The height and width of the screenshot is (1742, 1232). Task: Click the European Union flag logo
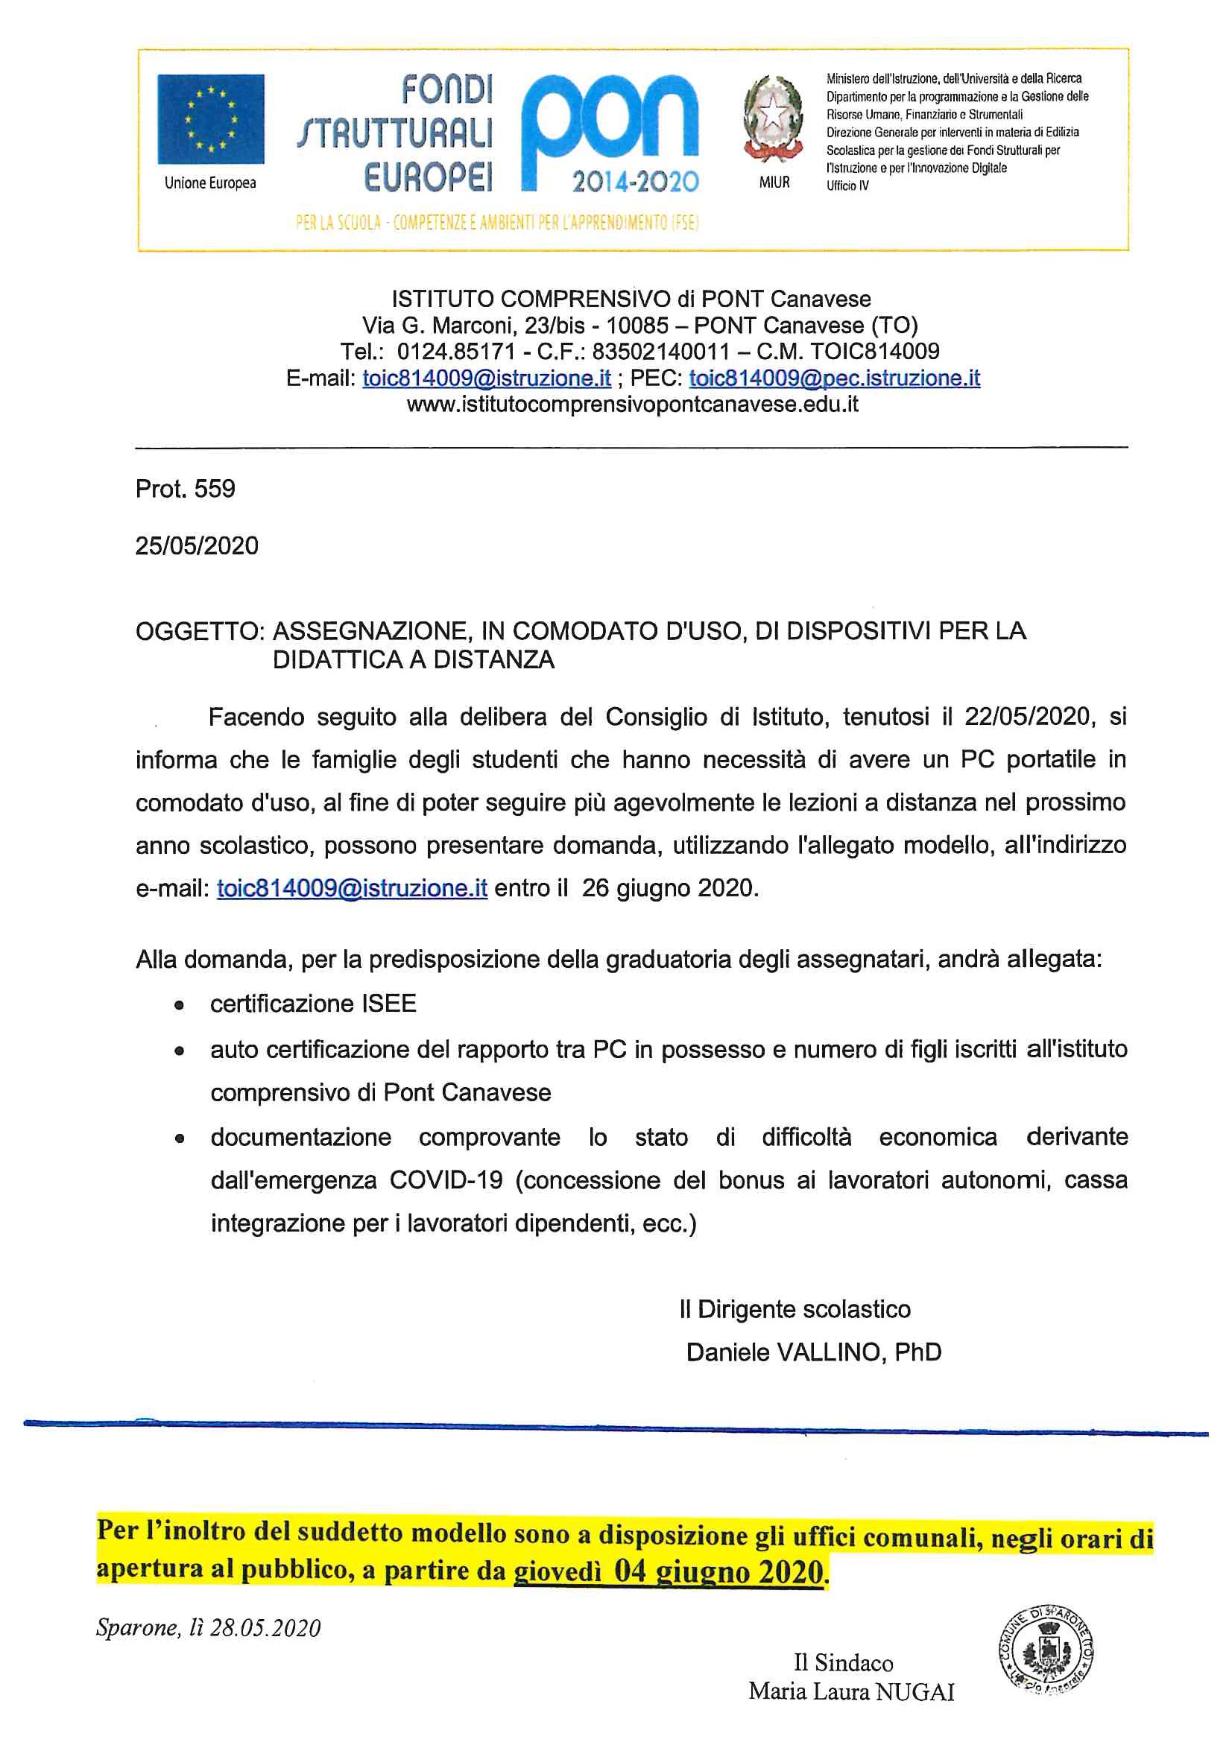point(210,118)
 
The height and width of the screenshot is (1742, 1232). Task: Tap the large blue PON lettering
point(610,121)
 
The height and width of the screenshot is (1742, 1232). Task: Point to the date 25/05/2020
point(197,545)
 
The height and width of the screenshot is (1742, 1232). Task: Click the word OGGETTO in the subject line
point(199,631)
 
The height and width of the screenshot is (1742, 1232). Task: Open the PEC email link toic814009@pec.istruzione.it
point(833,378)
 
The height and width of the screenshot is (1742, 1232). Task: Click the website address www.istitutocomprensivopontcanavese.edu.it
point(632,405)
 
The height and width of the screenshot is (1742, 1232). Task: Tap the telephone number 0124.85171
point(455,351)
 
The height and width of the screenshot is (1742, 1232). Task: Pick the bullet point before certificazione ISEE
point(179,1006)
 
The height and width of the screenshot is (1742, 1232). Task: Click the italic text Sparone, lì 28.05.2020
point(208,1627)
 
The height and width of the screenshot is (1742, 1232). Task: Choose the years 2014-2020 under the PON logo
point(634,181)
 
